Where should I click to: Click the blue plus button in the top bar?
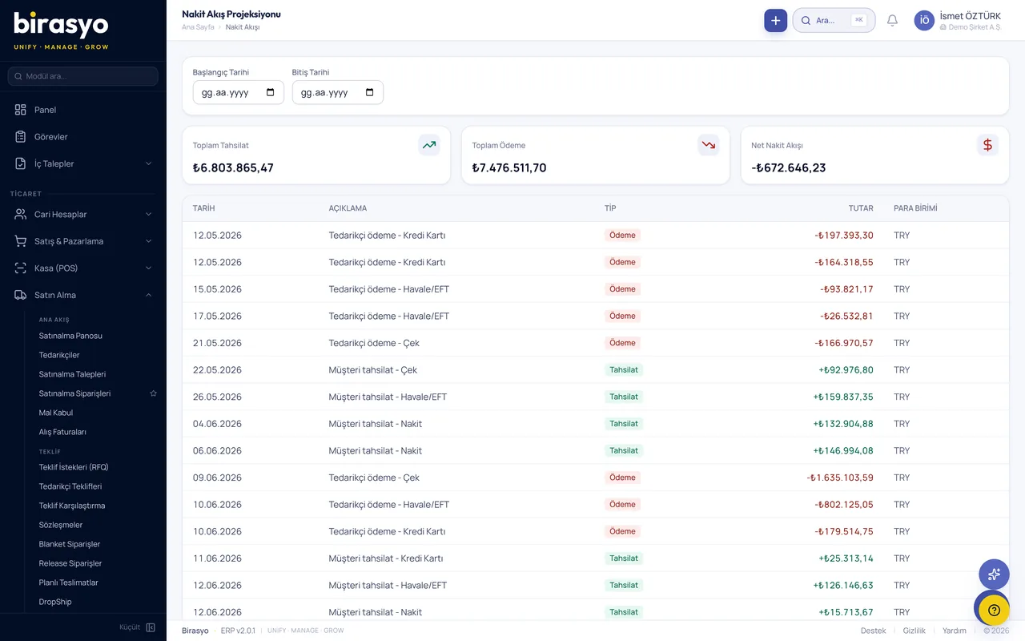775,21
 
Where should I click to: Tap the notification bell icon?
892,21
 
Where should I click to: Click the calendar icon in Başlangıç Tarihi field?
270,92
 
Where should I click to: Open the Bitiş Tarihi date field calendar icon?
369,92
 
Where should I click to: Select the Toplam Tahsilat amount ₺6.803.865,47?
233,167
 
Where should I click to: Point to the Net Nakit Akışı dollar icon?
987,145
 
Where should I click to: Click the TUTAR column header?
861,208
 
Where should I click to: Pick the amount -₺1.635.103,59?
840,478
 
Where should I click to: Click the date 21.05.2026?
217,343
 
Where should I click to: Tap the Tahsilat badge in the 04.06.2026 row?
623,424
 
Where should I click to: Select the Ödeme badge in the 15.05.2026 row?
622,289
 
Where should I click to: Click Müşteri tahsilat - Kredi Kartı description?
386,558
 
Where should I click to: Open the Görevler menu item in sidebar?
50,137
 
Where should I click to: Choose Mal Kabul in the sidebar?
56,413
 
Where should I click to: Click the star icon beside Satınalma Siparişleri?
153,393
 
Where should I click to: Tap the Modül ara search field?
82,76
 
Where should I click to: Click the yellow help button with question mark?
994,610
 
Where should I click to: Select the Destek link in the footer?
873,631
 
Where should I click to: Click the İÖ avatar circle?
924,21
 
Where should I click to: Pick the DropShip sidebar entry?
55,602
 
